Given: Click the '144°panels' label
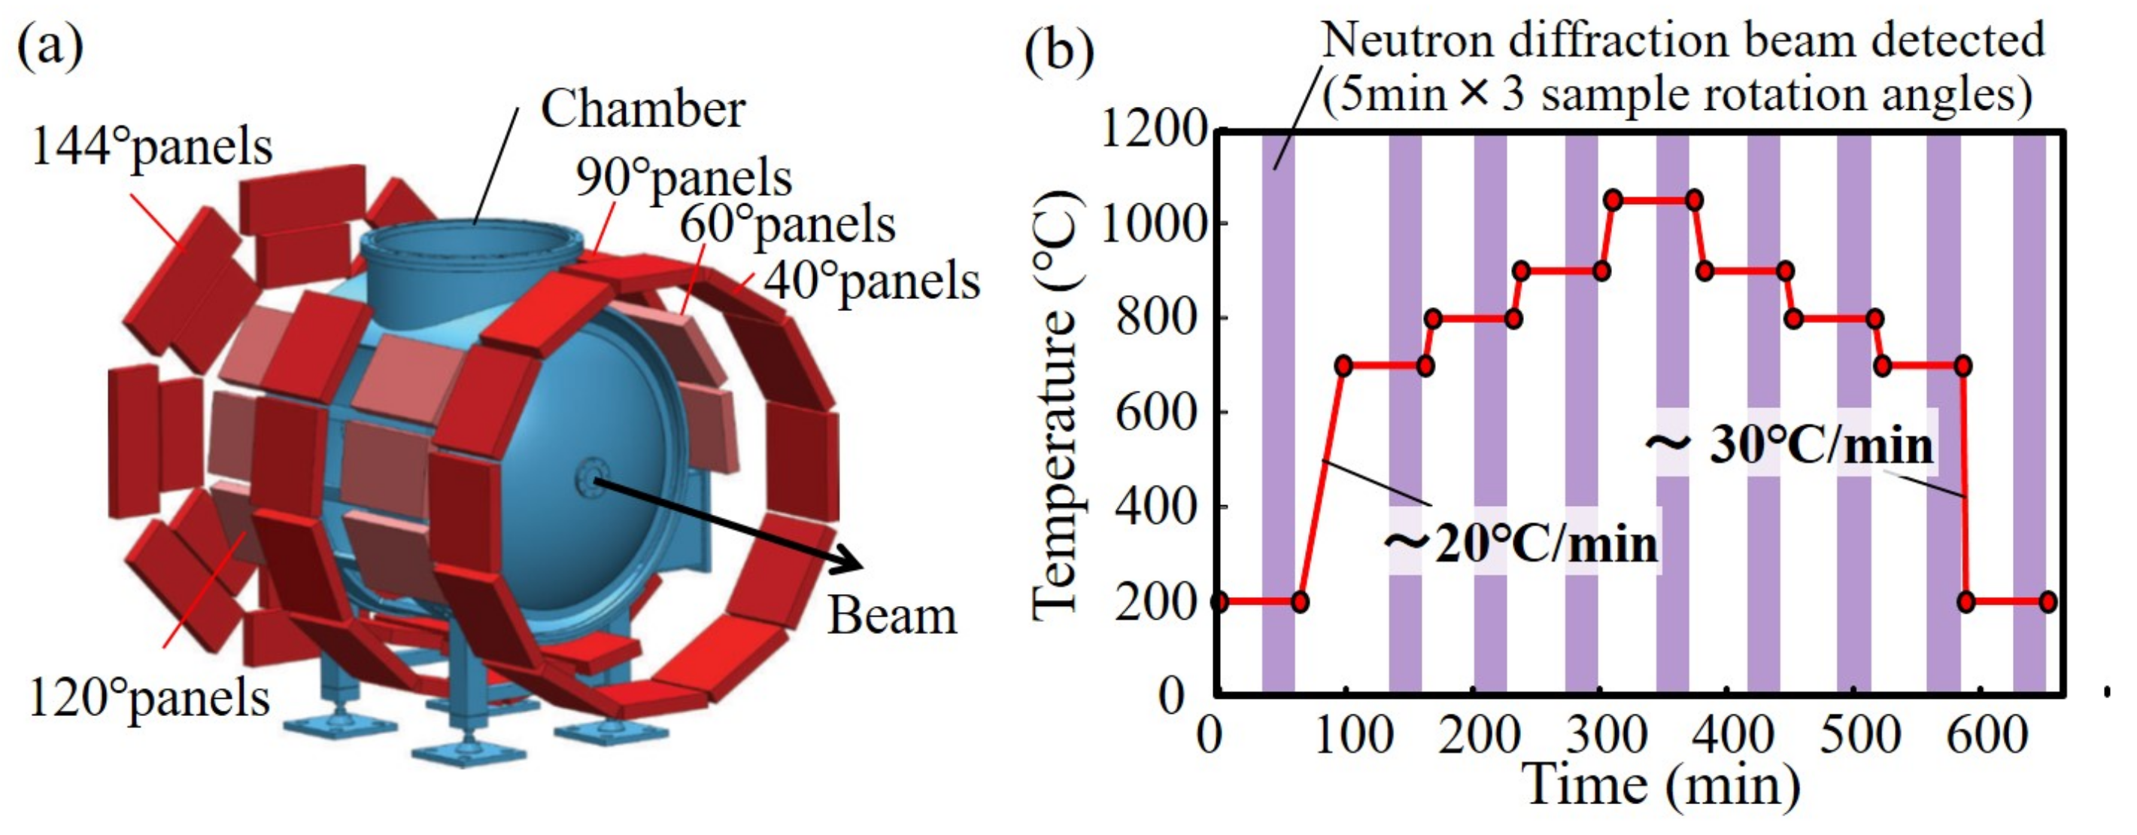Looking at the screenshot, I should click(x=151, y=148).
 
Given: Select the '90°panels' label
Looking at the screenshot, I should click(x=684, y=177).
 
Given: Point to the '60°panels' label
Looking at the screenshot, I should click(x=788, y=224).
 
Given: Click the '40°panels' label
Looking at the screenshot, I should click(x=871, y=281).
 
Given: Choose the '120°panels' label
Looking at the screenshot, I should click(x=150, y=697).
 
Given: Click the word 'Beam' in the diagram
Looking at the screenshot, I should click(x=892, y=616).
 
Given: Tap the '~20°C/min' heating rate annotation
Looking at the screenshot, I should click(x=1522, y=544).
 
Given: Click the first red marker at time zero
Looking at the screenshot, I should click(x=1218, y=602).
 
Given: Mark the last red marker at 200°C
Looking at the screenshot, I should click(x=2047, y=602).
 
